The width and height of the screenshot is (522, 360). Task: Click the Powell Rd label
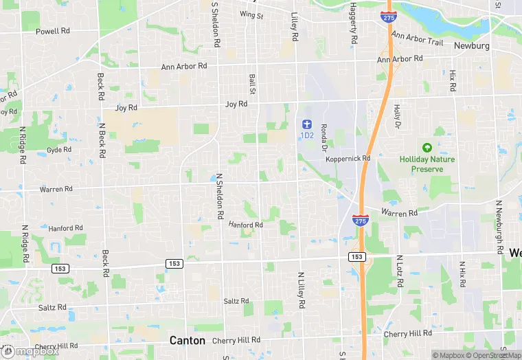[53, 31]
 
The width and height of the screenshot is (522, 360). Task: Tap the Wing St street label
[251, 14]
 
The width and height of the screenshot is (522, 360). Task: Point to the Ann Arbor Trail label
[418, 38]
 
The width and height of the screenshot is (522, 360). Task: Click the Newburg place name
[471, 45]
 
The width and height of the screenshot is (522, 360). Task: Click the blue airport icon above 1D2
[307, 124]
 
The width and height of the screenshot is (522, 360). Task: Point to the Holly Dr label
[396, 117]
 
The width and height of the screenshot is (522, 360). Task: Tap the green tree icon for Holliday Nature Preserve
[427, 148]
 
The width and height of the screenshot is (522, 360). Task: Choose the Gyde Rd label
[59, 149]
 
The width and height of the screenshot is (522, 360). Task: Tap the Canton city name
[188, 340]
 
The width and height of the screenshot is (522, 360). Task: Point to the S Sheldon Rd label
[215, 23]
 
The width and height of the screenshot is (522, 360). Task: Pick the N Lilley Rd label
[301, 289]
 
